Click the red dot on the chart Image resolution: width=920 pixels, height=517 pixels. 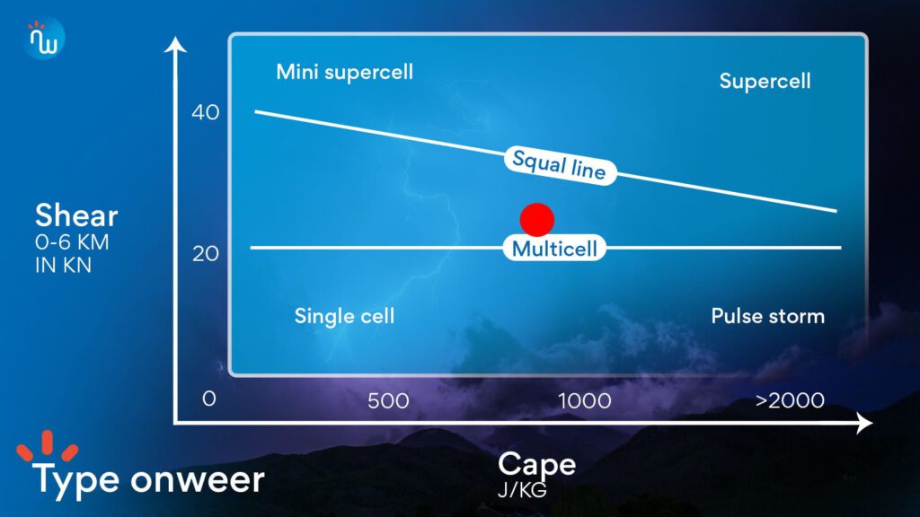[537, 220]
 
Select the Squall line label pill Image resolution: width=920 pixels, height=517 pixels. [560, 165]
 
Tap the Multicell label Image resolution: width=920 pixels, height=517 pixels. [554, 249]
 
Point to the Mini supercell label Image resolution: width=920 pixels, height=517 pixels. [344, 72]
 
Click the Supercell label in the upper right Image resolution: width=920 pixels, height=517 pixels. [765, 81]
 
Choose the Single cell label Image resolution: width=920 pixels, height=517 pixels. [344, 316]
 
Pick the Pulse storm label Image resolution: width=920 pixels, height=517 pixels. [768, 316]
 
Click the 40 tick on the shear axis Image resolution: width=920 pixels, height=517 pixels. [206, 112]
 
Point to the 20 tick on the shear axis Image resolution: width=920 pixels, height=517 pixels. [206, 253]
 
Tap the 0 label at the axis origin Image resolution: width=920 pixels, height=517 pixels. [208, 399]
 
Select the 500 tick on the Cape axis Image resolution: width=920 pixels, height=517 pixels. [388, 401]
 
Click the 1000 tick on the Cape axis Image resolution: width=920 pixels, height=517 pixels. [584, 401]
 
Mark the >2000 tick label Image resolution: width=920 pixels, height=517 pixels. [790, 400]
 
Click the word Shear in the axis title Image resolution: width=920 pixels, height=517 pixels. [76, 215]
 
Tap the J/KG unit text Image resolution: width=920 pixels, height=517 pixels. [522, 489]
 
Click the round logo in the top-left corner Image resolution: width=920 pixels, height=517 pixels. [44, 38]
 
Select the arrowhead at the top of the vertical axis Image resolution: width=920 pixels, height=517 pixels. [175, 44]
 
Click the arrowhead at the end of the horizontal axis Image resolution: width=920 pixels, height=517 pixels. [864, 423]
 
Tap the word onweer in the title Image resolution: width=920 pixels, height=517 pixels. [197, 479]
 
